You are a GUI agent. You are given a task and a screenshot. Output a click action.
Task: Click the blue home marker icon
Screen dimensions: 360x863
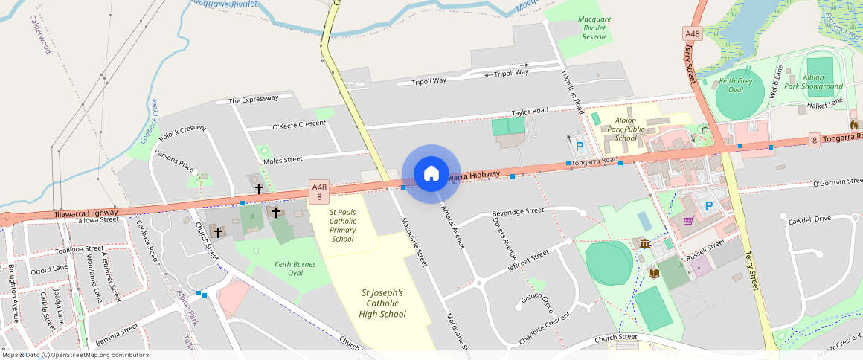[431, 174]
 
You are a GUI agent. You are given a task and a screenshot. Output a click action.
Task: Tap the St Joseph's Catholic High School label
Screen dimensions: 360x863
[382, 303]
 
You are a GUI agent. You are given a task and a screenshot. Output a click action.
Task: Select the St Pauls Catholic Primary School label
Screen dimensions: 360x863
[343, 225]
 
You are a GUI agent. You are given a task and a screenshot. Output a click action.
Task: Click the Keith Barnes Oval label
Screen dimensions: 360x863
[295, 269]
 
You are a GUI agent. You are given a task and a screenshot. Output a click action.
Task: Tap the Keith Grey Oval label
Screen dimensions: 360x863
[736, 85]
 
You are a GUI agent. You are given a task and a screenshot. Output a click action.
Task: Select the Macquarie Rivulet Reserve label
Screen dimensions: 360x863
[594, 28]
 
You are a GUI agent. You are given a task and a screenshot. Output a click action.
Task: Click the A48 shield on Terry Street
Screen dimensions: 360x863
[693, 34]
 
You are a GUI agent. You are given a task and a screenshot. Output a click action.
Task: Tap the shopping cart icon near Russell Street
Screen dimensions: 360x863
[689, 221]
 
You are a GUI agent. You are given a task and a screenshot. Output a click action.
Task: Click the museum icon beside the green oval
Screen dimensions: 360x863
[644, 244]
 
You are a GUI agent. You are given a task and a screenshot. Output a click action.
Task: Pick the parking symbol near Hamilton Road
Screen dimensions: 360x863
[578, 147]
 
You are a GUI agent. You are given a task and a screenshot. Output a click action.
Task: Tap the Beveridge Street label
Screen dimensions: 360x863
[519, 211]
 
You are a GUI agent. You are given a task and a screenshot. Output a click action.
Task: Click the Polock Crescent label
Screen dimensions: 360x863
[182, 129]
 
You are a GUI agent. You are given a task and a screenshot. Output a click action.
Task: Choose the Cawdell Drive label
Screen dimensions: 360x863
[809, 219]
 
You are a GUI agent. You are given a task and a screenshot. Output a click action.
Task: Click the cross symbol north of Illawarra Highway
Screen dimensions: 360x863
[259, 189]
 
